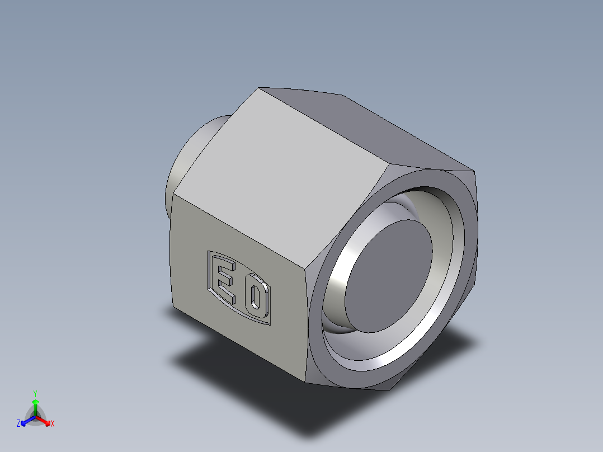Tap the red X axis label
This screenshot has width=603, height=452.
coord(53,424)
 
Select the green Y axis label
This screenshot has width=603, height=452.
coord(35,393)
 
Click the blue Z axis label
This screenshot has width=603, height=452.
coord(18,424)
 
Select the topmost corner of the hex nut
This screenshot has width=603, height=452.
coord(258,88)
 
